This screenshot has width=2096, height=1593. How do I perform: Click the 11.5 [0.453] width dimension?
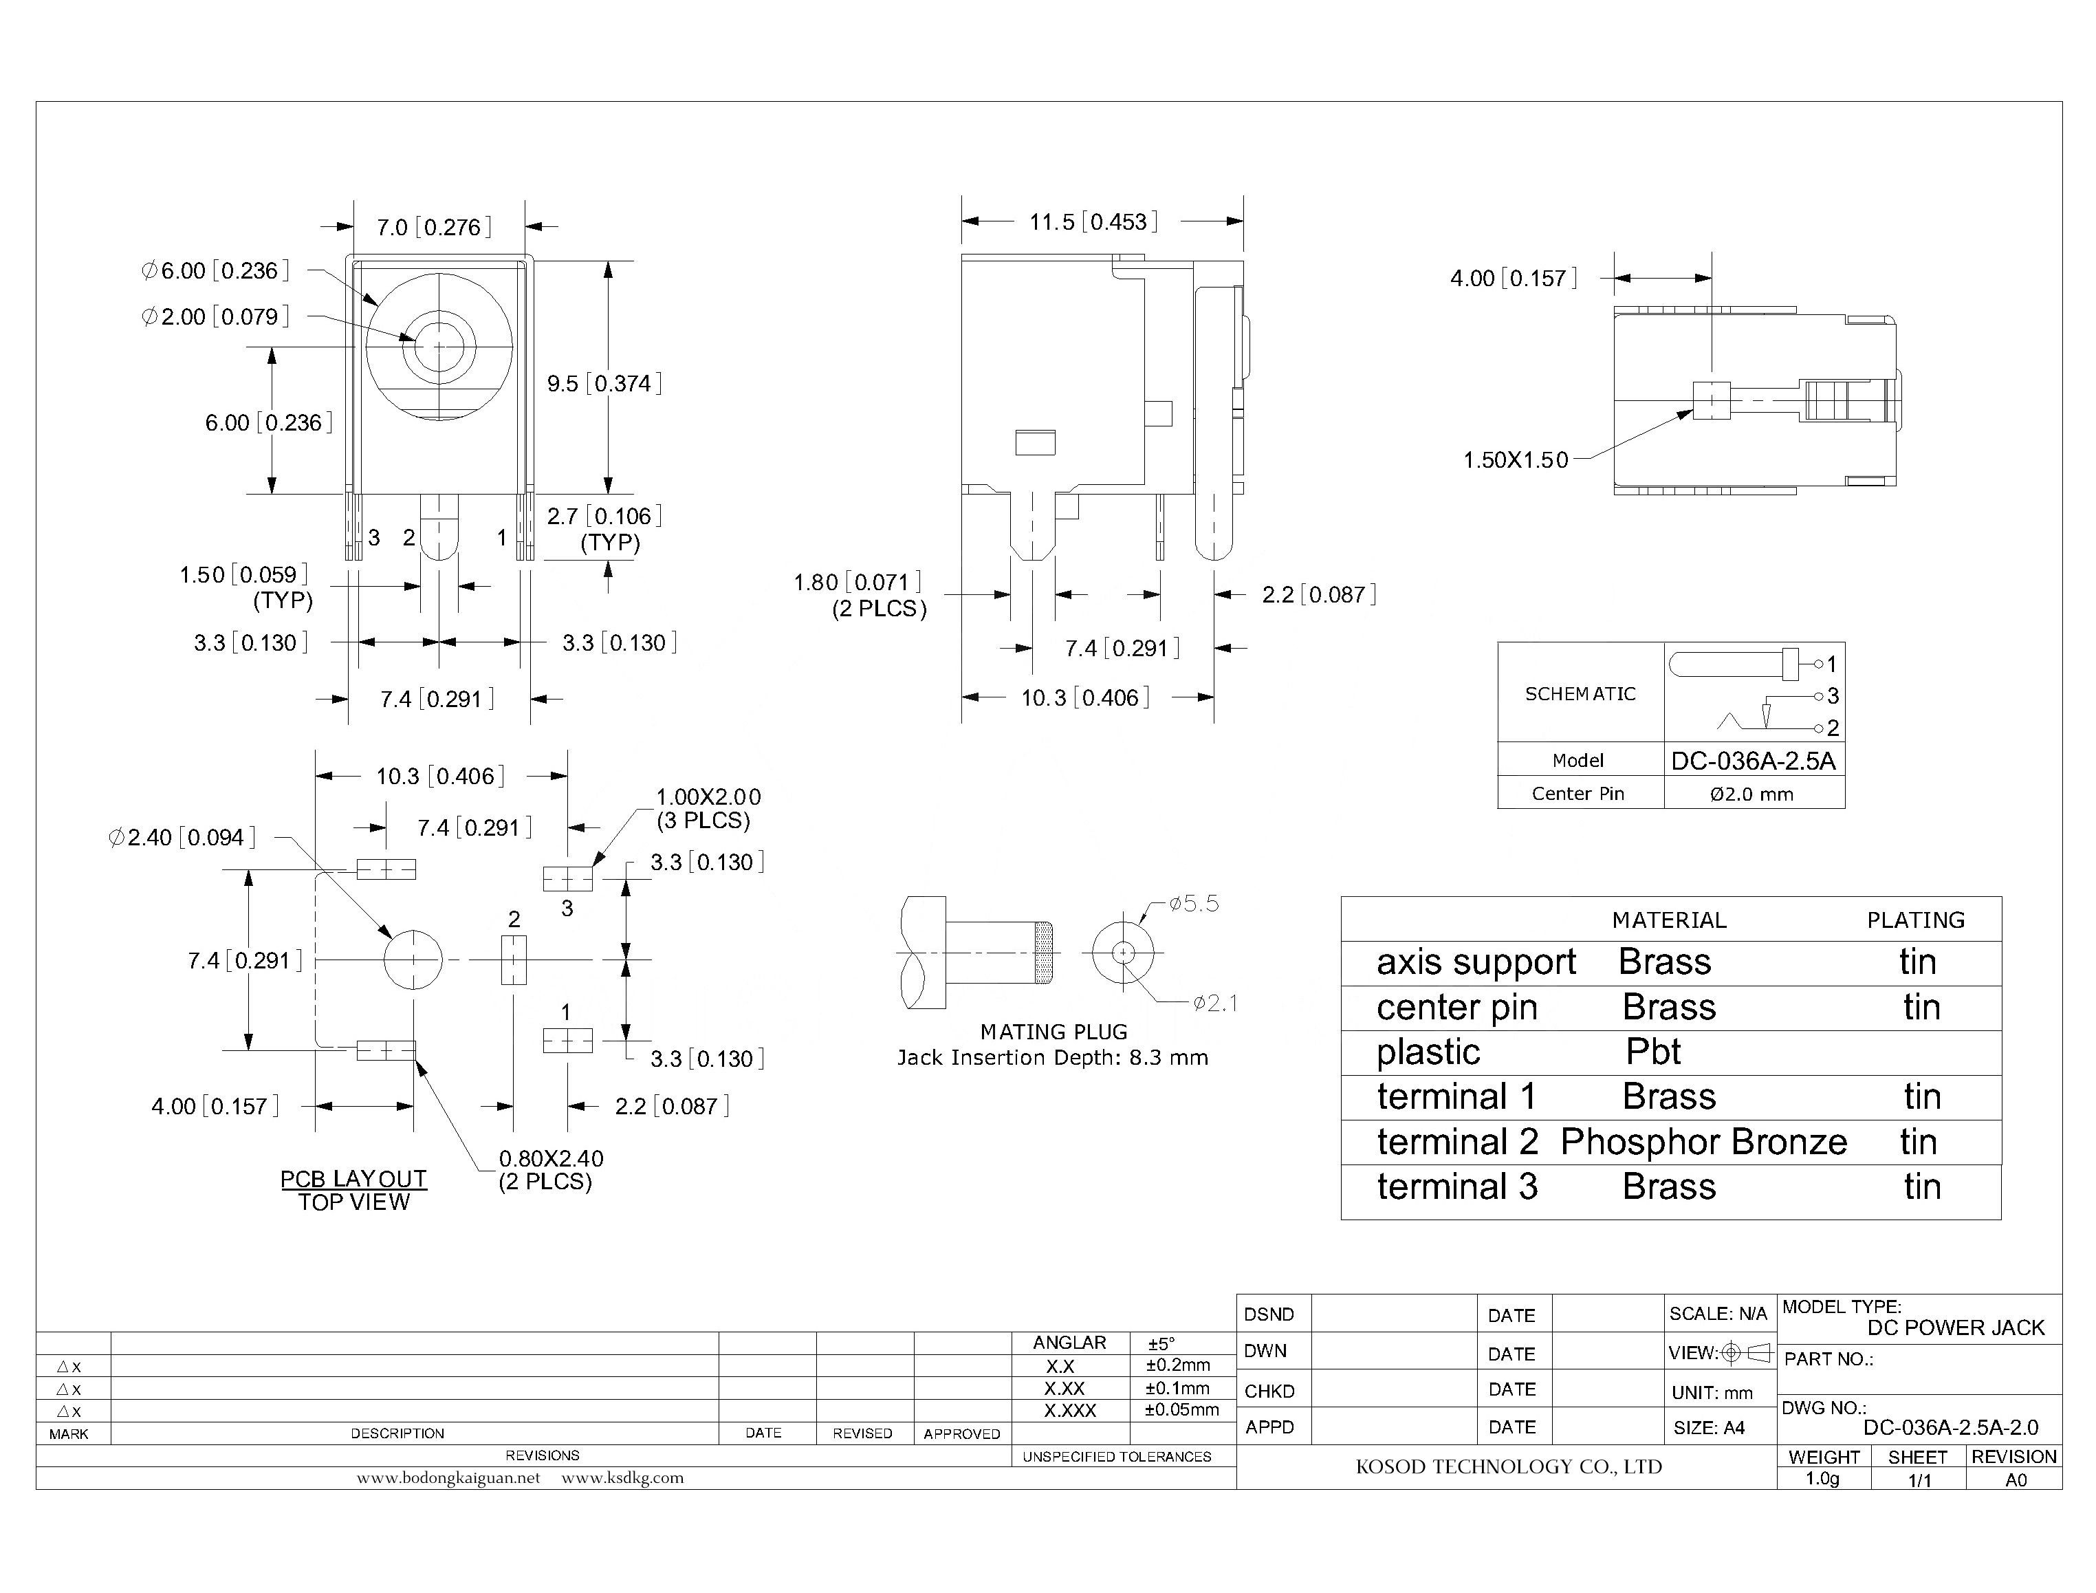tap(1093, 222)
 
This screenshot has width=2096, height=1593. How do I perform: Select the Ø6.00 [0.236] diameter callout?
tap(215, 271)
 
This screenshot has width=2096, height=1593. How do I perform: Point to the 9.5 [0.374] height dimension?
tap(604, 383)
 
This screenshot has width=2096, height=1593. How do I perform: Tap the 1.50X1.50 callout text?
tap(1515, 460)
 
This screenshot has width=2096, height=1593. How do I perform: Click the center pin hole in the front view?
tap(439, 346)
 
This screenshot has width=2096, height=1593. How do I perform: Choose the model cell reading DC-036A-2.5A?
tap(1753, 761)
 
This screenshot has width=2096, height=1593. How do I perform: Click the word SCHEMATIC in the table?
tap(1580, 694)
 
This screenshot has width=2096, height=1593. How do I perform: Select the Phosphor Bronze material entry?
tap(1703, 1142)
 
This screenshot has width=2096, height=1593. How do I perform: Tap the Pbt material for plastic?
tap(1652, 1052)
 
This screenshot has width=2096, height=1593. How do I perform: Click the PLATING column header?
tap(1915, 920)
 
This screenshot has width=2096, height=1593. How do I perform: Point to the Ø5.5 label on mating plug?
tap(1194, 904)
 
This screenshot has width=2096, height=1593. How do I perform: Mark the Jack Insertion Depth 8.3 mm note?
tap(1052, 1057)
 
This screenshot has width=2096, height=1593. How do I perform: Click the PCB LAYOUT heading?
tap(353, 1179)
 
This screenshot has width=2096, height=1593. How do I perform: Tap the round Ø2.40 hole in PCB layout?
tap(413, 960)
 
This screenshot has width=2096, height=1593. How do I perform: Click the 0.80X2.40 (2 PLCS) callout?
tap(550, 1169)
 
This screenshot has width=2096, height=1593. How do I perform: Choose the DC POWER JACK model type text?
tap(1955, 1327)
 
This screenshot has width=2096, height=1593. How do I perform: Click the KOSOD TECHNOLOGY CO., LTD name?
tap(1508, 1467)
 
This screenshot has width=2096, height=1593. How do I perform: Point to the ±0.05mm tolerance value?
tap(1181, 1410)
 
